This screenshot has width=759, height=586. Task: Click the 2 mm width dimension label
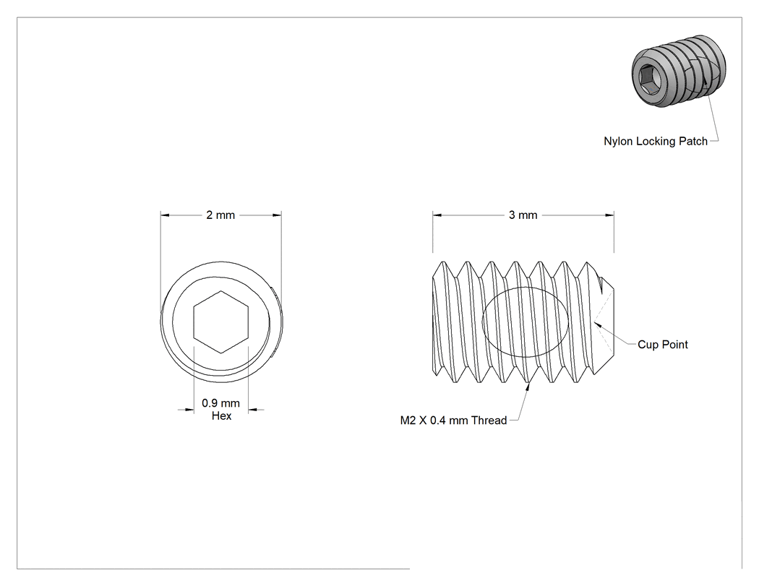tap(220, 215)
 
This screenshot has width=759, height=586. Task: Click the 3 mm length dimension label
tap(523, 215)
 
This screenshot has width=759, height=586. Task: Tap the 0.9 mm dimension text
tap(220, 402)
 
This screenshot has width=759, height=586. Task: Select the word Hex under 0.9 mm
tap(221, 415)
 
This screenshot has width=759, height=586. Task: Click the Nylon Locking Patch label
tap(656, 142)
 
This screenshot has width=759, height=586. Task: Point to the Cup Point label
tap(663, 345)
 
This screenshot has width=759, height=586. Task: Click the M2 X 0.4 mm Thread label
tap(453, 421)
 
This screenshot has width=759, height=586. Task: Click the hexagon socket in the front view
tap(220, 322)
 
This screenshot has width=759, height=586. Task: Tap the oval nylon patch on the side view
tap(526, 322)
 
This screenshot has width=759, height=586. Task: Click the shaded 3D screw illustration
tap(679, 71)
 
